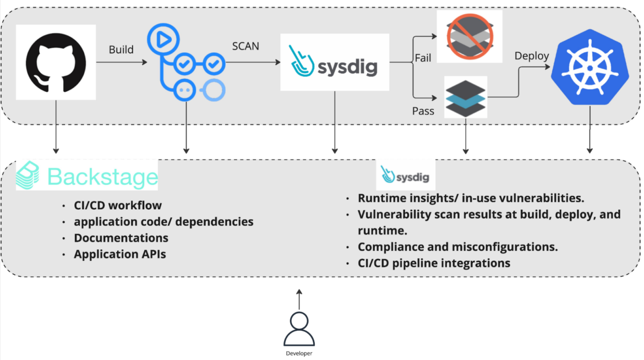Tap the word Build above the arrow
121,50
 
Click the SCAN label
245,46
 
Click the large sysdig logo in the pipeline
334,62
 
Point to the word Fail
423,58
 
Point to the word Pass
423,111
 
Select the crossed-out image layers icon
469,36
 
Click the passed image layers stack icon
466,98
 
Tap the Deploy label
531,56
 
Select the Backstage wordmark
102,177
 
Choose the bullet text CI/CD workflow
118,205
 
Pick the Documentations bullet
121,238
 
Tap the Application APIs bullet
120,254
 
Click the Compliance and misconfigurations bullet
457,247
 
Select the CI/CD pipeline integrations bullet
434,263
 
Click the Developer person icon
299,329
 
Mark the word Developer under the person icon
299,353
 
